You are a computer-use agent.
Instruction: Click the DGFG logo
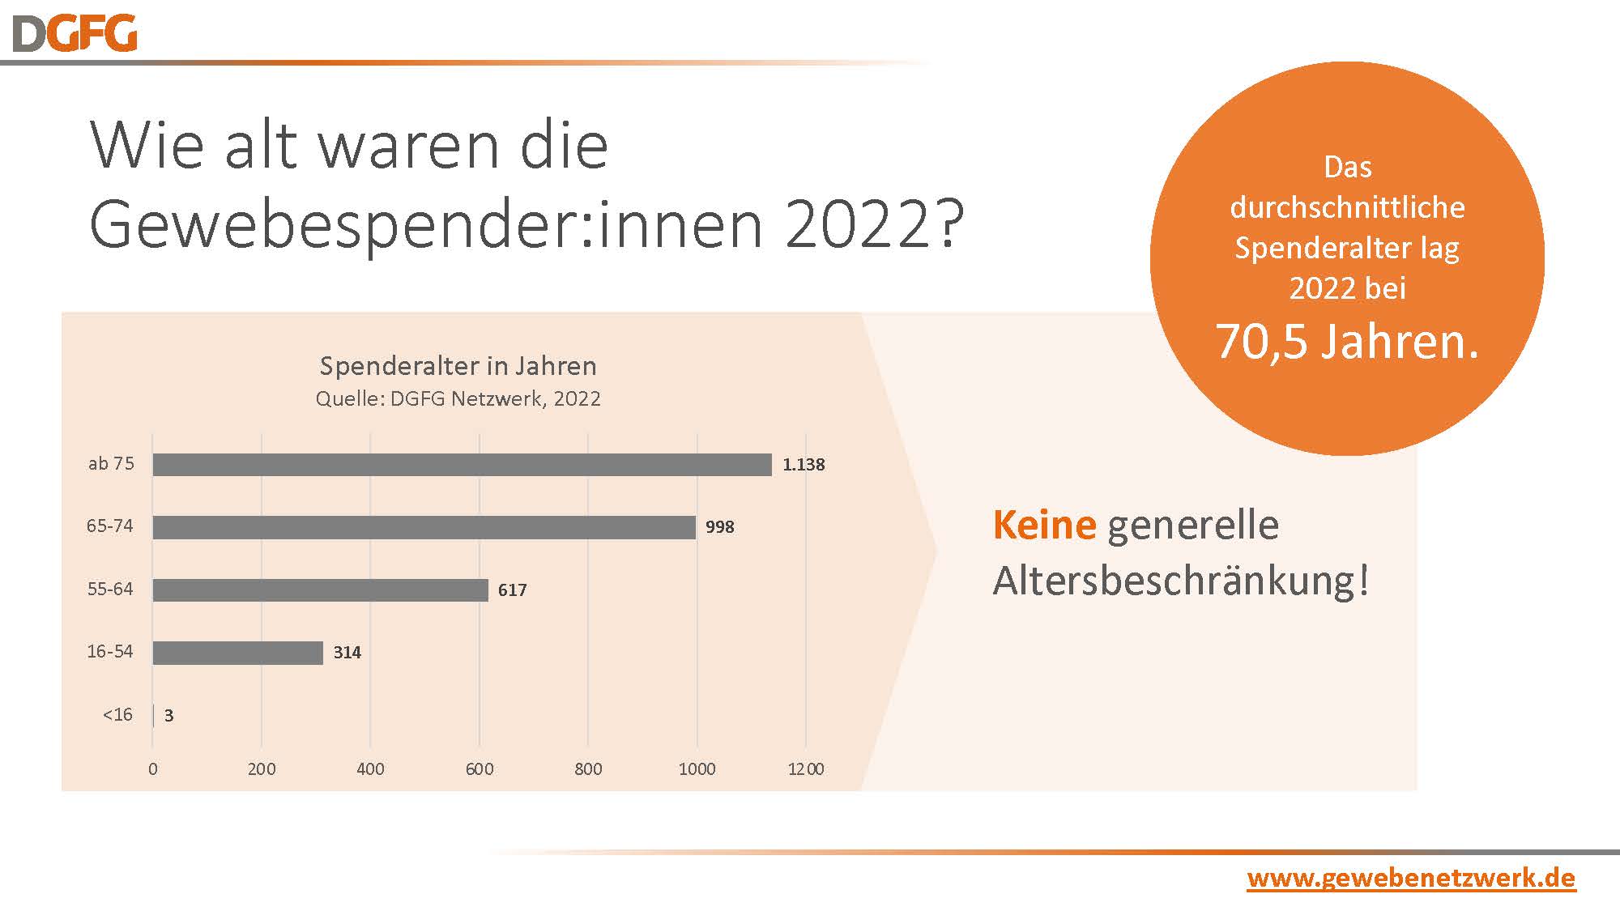point(75,34)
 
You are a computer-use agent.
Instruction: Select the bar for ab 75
point(462,465)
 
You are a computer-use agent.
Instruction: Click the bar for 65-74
point(424,527)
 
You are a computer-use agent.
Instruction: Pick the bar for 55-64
point(320,590)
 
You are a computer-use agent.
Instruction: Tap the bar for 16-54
point(237,653)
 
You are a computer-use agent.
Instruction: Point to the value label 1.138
point(803,465)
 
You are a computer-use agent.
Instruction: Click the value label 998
point(719,527)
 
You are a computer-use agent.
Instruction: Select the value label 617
point(512,590)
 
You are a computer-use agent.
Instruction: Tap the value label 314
point(347,653)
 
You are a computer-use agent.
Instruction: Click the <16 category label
point(117,715)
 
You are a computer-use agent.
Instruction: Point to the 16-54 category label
point(110,652)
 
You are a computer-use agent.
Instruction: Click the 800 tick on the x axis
point(588,769)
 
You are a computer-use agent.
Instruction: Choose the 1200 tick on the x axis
point(806,769)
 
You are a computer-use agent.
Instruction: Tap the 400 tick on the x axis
point(370,769)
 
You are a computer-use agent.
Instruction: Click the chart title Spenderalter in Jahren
point(458,366)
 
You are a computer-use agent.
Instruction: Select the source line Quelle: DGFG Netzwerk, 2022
point(458,398)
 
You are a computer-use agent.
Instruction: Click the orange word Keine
point(1044,525)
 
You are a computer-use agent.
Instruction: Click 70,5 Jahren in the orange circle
point(1347,341)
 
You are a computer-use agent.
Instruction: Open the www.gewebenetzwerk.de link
point(1411,878)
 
